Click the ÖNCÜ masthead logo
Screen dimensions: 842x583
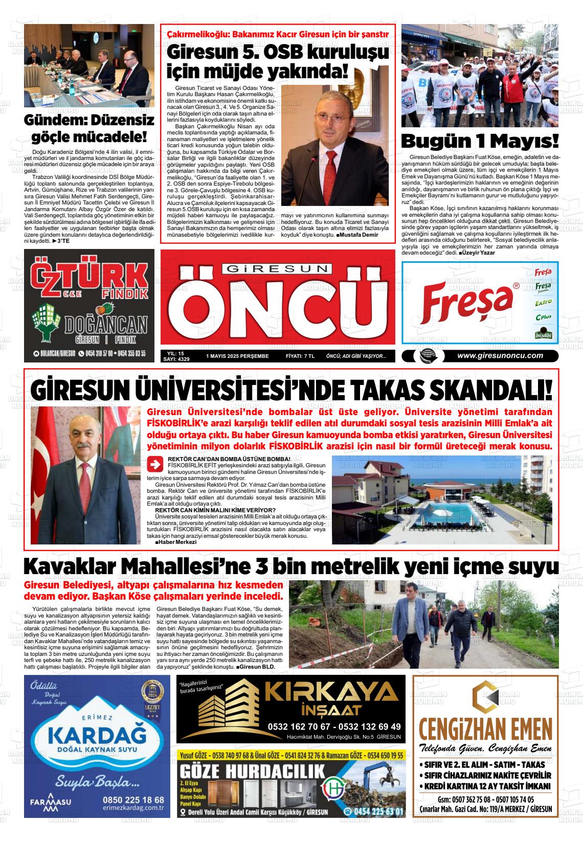click(277, 311)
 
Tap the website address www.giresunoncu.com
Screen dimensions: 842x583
click(500, 356)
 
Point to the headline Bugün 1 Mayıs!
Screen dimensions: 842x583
click(479, 141)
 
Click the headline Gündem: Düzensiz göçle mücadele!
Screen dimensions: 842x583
click(89, 129)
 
